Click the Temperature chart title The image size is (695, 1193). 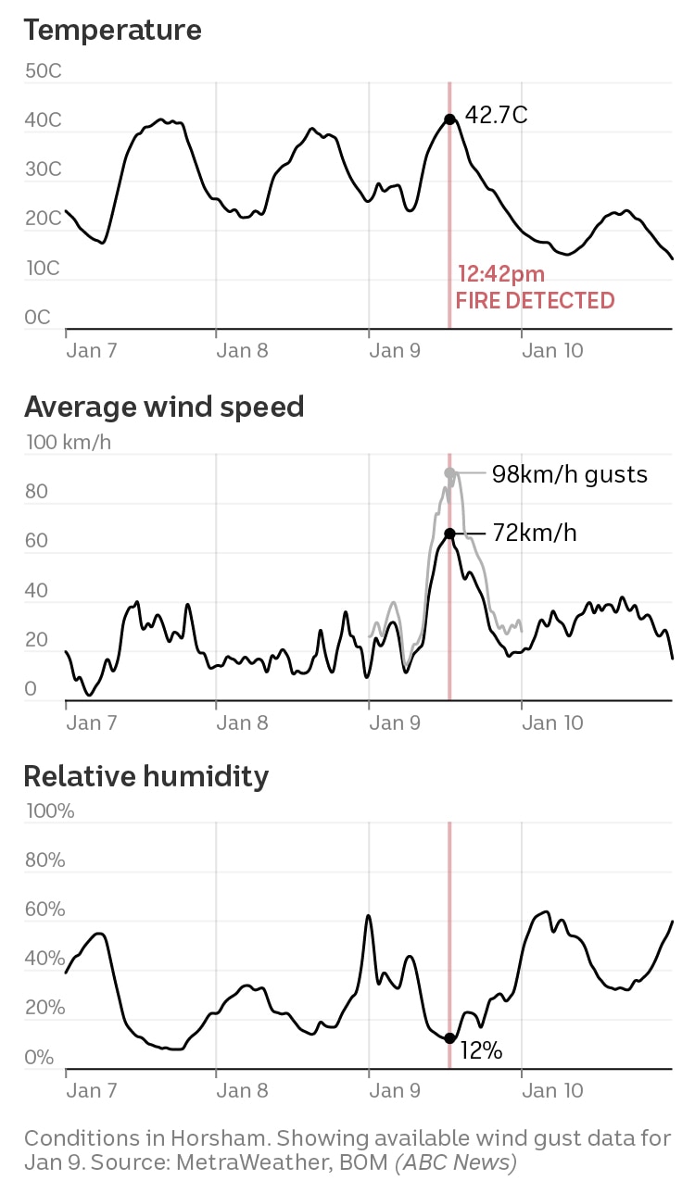point(112,30)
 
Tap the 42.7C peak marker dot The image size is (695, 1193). point(449,119)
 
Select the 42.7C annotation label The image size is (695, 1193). point(496,116)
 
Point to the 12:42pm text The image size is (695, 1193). point(501,274)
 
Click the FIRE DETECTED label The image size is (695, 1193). point(535,300)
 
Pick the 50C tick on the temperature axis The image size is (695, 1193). point(43,71)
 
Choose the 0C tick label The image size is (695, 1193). point(38,318)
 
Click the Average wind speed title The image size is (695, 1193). point(164,407)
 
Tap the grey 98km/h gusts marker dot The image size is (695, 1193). point(449,473)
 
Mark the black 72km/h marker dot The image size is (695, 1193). point(449,534)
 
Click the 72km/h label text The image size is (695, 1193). point(535,534)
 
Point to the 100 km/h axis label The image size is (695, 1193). point(68,442)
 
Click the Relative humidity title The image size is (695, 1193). point(146,775)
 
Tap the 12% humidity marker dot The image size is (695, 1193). point(449,1038)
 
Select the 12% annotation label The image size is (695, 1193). point(481,1050)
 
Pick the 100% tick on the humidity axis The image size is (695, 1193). point(49,811)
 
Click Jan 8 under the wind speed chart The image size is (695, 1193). point(242,722)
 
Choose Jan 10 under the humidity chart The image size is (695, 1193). point(552,1090)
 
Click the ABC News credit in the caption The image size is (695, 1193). point(456,1162)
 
